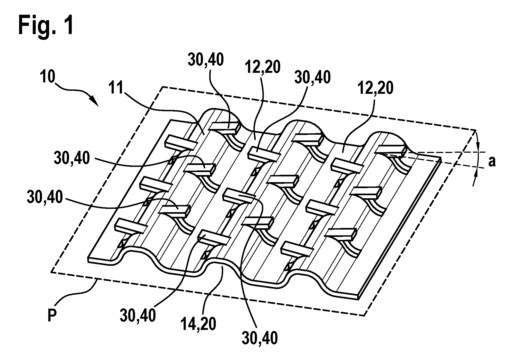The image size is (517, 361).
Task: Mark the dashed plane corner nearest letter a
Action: pyautogui.click(x=476, y=130)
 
